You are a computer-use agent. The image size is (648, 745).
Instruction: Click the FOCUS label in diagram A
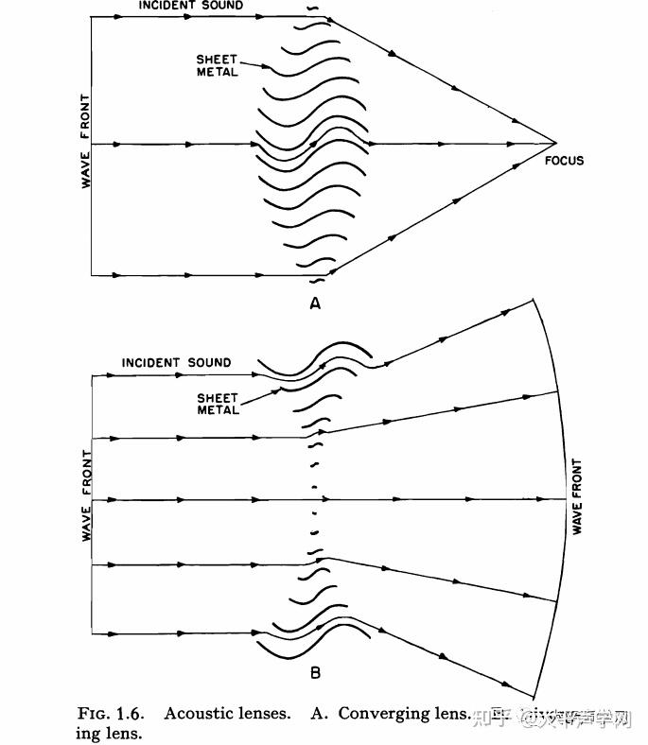point(565,161)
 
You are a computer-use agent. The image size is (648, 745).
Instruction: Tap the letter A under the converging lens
point(315,303)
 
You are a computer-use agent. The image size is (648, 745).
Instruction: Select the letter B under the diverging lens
point(315,673)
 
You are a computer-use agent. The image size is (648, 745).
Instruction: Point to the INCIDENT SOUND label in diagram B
point(176,363)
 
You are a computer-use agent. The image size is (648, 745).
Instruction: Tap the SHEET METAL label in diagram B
point(219,404)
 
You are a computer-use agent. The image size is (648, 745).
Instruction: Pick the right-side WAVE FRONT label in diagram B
point(576,497)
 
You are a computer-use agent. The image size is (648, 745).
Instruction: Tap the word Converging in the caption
point(386,714)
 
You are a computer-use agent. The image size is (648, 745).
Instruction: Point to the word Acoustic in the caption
point(227,714)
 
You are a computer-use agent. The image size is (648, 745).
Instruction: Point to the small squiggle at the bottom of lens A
point(318,280)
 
